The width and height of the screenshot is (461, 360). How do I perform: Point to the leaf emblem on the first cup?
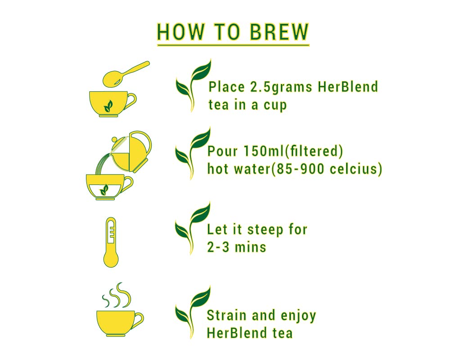pyautogui.click(x=108, y=106)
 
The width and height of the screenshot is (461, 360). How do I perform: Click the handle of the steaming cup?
pyautogui.click(x=138, y=320)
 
